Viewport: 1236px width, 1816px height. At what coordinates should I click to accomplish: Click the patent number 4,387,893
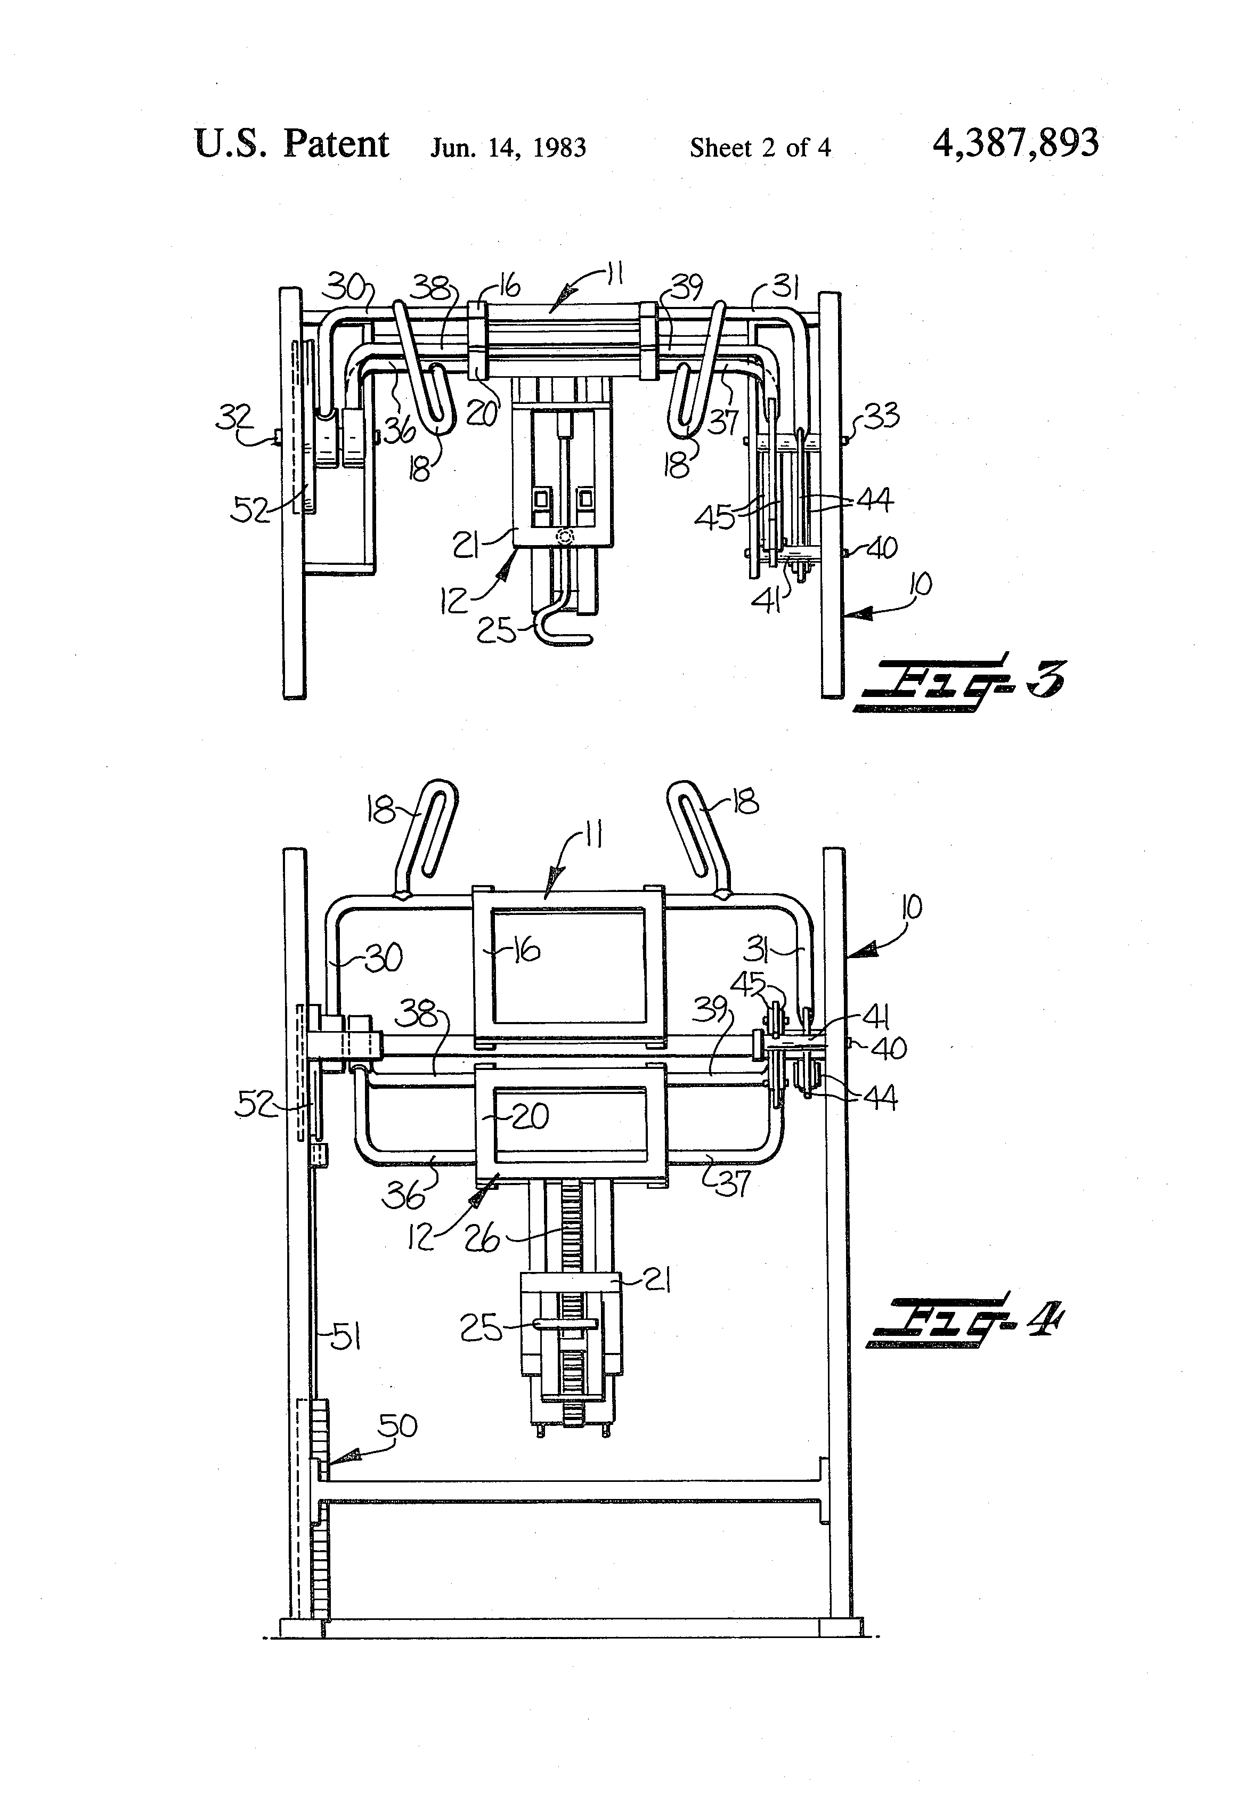point(1015,144)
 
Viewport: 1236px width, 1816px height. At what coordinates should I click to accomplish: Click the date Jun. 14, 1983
point(508,148)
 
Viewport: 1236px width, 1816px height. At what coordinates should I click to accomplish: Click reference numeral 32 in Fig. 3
point(233,418)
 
